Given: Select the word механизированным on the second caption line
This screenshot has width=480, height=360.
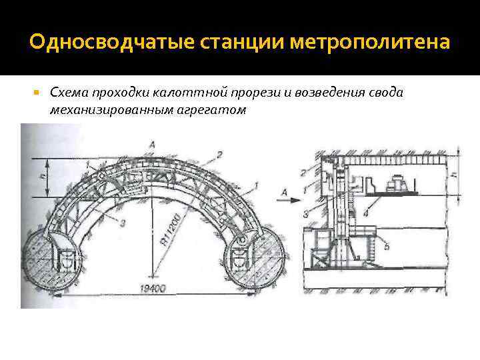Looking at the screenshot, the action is point(99,109).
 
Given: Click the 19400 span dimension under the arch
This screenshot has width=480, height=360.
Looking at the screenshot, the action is point(153,289).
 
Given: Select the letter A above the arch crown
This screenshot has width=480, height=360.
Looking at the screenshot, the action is point(153,144).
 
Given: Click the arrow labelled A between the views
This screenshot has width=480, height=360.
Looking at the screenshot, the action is point(286,193).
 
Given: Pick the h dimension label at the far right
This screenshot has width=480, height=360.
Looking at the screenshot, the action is point(454,175).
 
